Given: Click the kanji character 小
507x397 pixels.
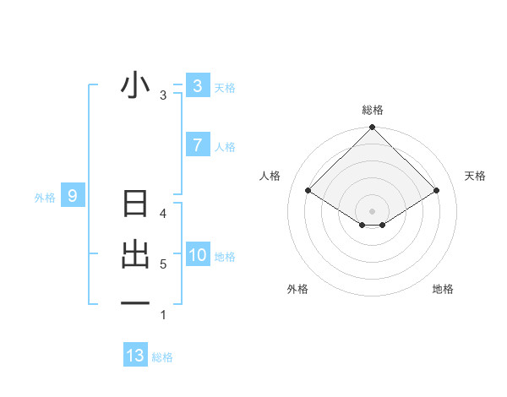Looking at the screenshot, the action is coord(135,86).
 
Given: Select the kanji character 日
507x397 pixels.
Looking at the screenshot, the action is coord(135,205).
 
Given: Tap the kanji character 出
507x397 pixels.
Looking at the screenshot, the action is coord(135,255).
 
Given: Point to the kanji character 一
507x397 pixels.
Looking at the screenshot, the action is coord(135,303).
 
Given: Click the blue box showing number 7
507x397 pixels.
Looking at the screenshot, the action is coord(197,145).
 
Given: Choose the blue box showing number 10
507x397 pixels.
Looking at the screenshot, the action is coord(197,255).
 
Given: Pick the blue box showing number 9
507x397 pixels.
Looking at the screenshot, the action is coord(73,197).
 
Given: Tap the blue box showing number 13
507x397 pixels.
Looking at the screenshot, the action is coord(135,356).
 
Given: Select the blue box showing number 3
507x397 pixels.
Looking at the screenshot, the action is coord(197,86).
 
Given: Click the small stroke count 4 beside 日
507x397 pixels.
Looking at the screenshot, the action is coord(163,214).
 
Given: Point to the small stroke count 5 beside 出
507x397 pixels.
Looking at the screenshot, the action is coord(163,264).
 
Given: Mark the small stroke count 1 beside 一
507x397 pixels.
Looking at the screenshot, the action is coord(163,315).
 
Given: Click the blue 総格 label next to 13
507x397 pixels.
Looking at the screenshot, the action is coord(162,357).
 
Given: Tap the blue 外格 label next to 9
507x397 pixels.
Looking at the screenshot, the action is coord(45,198).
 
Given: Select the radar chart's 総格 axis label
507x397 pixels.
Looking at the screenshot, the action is coord(372,110).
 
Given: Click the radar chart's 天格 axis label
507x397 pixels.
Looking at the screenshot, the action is coord(476,176).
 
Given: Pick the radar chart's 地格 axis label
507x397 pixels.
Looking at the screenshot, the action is coord(443,289).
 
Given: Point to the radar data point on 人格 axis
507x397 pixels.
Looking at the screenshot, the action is coord(308,190).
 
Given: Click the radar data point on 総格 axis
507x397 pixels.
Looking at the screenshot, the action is coord(372,128).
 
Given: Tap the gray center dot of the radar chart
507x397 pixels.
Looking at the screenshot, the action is coord(372,210).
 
